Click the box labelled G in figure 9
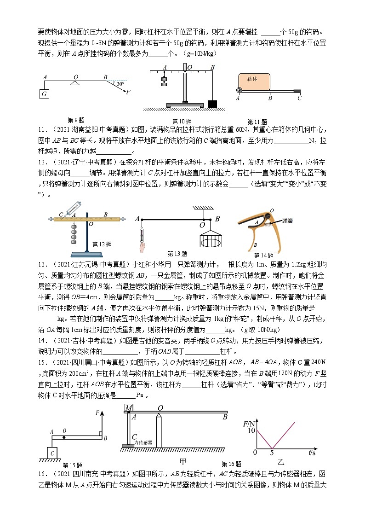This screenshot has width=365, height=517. [44, 94]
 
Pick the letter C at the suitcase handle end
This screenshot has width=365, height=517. [299, 98]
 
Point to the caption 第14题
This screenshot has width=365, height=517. [263, 255]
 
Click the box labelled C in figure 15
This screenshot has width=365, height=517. [52, 453]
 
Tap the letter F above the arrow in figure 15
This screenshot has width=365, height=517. [97, 413]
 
